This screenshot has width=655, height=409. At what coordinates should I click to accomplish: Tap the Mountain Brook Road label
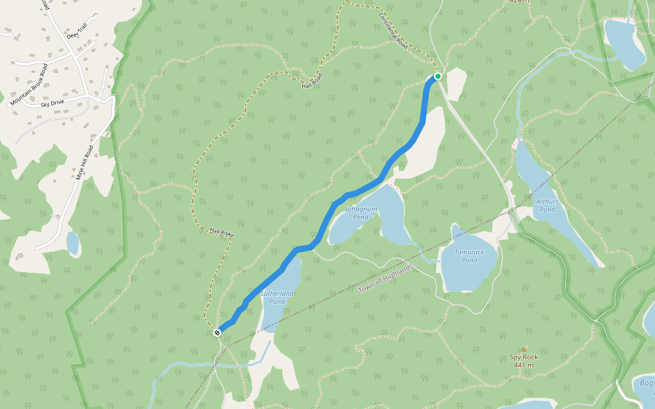28,85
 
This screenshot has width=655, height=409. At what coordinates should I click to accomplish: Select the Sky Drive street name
52,102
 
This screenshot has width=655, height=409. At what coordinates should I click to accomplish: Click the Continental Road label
393,31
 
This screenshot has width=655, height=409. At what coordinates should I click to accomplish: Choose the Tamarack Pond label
469,256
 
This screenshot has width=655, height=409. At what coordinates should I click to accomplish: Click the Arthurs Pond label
547,205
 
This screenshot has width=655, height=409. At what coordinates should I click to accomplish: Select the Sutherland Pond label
277,297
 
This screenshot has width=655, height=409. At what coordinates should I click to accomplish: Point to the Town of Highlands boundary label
386,279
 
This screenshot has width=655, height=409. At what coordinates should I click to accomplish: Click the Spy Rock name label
524,357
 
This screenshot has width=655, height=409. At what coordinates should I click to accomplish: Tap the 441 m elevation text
524,365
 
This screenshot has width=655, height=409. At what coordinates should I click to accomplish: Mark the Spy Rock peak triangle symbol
524,349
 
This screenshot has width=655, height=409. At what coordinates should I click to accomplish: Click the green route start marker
437,76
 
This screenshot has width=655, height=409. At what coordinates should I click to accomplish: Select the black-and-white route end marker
217,332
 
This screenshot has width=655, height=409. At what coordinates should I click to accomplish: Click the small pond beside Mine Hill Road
72,243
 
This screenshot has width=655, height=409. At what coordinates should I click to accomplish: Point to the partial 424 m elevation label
520,2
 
